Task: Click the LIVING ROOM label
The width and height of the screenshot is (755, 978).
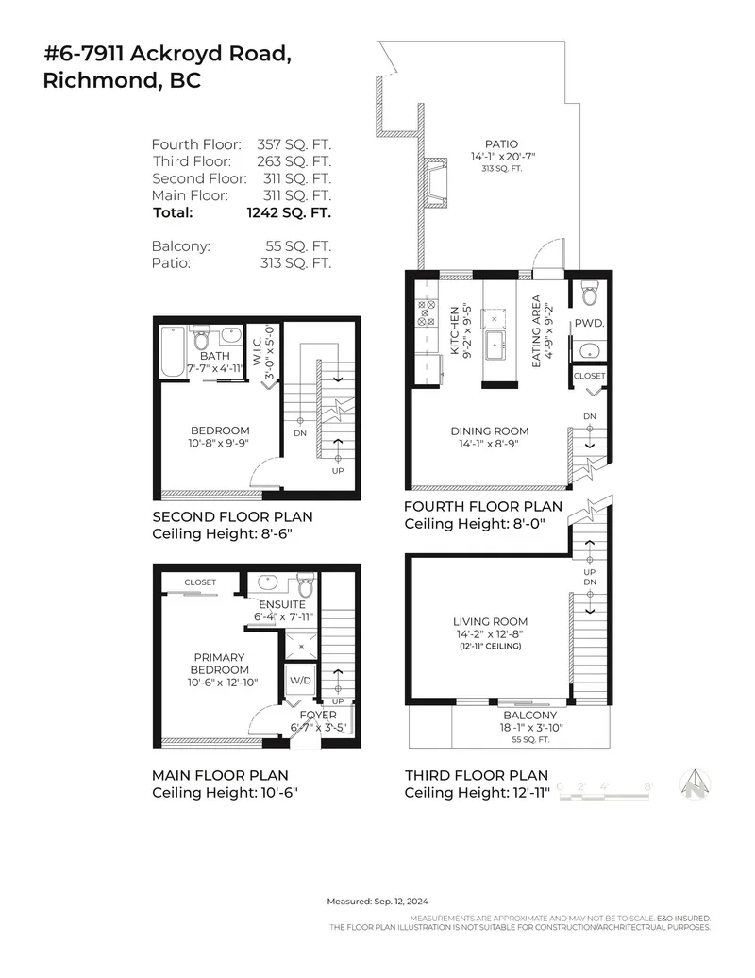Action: coord(490,621)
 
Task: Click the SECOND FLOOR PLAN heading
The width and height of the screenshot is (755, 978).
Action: coord(232,517)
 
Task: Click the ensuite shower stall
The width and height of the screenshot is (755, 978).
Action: coord(302,645)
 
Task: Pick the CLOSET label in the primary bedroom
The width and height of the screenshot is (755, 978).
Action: coord(200,582)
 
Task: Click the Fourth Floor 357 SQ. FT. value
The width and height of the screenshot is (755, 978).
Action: coord(294,144)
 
